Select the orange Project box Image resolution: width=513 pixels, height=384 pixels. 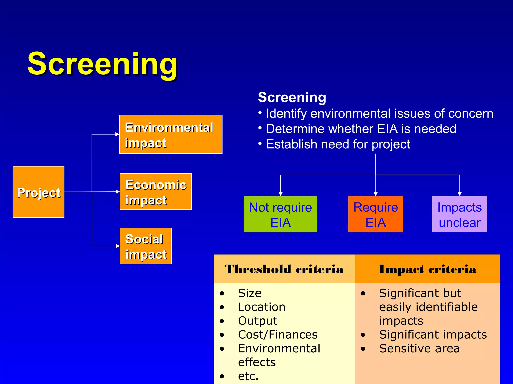pyautogui.click(x=38, y=192)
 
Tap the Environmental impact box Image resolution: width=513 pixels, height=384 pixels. pyautogui.click(x=171, y=134)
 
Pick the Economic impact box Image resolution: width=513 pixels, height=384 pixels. pyautogui.click(x=156, y=192)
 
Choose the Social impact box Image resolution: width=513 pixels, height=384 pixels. pyautogui.click(x=146, y=246)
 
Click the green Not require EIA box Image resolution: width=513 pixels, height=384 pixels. pyautogui.click(x=280, y=214)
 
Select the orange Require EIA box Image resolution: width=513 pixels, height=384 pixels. pyautogui.click(x=375, y=214)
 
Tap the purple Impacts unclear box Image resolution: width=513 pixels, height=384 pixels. pyautogui.click(x=459, y=214)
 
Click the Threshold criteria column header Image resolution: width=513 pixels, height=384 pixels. pyautogui.click(x=284, y=269)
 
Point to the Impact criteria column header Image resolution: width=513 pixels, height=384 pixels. pyautogui.click(x=427, y=269)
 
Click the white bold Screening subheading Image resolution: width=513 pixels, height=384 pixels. pyautogui.click(x=292, y=97)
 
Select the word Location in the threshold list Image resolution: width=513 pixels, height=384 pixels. pyautogui.click(x=262, y=307)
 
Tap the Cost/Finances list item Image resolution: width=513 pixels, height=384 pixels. pyautogui.click(x=278, y=335)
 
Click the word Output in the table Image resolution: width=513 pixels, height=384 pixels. pyautogui.click(x=258, y=321)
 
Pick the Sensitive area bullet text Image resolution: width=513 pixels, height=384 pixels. pyautogui.click(x=419, y=349)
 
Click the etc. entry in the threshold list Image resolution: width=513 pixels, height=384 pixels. pyautogui.click(x=248, y=376)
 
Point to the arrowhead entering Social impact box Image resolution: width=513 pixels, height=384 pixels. pyautogui.click(x=118, y=246)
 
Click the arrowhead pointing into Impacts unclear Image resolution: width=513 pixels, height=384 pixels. pyautogui.click(x=460, y=194)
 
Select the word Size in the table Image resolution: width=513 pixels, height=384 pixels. pyautogui.click(x=250, y=293)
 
